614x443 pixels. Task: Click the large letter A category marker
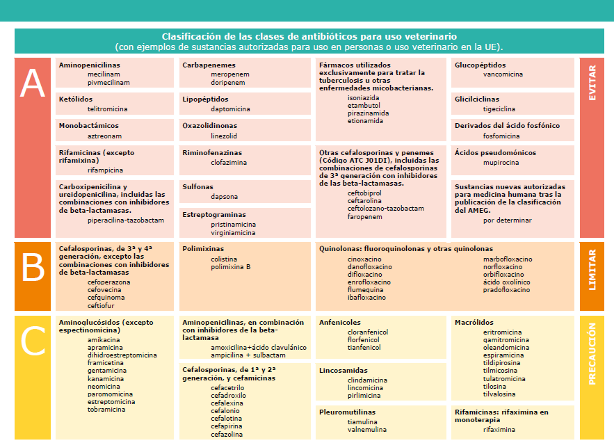pos(32,85)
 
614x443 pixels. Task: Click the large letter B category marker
pos(32,268)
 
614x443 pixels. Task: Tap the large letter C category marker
pos(32,341)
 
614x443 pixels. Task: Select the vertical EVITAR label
pos(592,85)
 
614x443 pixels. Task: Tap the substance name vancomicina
pos(503,74)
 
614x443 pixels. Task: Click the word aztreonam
pos(104,136)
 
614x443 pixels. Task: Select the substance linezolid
pos(224,136)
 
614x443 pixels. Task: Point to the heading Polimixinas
pos(202,248)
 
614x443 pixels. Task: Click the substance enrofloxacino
pos(369,282)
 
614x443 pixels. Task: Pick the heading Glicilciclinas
pos(476,99)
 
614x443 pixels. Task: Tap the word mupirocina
pos(501,163)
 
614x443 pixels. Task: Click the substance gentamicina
pos(106,371)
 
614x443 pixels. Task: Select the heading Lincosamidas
pos(344,371)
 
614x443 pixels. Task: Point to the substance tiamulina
pos(364,421)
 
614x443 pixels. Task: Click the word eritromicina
pos(502,332)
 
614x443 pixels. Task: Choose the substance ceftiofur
pos(101,305)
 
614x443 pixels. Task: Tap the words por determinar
pos(507,220)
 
